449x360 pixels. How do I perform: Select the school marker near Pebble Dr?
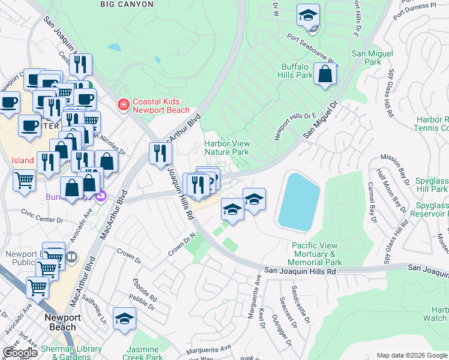(x=124, y=318)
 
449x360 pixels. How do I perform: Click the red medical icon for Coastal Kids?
(x=124, y=106)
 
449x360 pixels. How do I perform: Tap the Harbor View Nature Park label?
(x=226, y=148)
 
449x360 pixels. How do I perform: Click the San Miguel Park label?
(x=372, y=58)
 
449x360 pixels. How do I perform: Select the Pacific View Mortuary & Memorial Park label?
(x=315, y=254)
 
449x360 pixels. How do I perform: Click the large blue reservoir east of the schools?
(x=298, y=201)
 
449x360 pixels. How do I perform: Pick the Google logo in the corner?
(x=20, y=352)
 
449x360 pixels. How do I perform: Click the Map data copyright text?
(x=412, y=355)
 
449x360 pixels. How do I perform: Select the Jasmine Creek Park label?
(x=143, y=353)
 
